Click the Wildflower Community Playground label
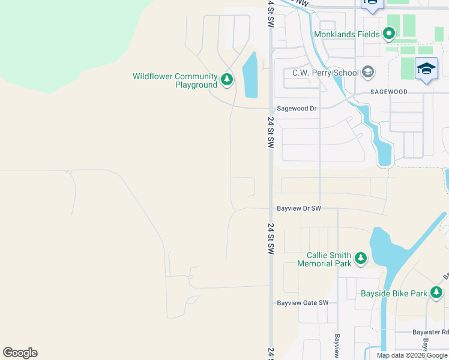click(x=175, y=80)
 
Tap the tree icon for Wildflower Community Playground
click(x=227, y=79)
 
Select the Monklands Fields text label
click(x=347, y=34)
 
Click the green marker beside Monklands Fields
click(x=389, y=34)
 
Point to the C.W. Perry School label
click(x=325, y=73)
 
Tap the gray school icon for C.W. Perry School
click(x=368, y=73)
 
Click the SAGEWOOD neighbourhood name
click(x=388, y=92)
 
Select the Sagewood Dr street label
click(x=296, y=109)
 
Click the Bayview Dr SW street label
click(x=299, y=209)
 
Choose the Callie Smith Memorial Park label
click(x=324, y=259)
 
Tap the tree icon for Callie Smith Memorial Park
click(x=360, y=259)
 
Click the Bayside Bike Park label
click(x=393, y=293)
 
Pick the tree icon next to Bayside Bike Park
click(x=436, y=293)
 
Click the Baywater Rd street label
click(x=430, y=331)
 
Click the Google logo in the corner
click(x=20, y=353)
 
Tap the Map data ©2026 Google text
click(x=412, y=355)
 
